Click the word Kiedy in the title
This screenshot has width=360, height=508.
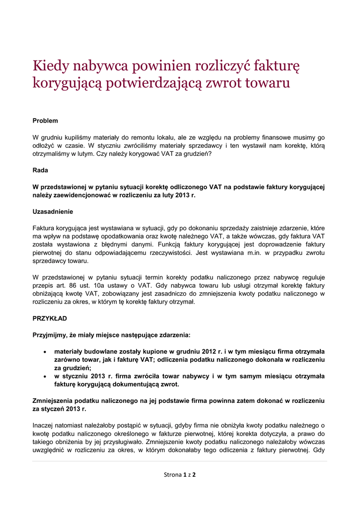click(51, 65)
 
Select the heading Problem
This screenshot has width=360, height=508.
click(45, 121)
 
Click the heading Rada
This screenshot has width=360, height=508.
click(40, 170)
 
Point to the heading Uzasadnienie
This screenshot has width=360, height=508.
click(53, 211)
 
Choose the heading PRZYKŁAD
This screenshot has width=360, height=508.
click(50, 317)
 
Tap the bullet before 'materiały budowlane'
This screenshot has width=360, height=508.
click(46, 351)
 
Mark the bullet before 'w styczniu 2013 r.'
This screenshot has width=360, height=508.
click(46, 376)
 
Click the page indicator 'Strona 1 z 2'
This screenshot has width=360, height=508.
click(180, 475)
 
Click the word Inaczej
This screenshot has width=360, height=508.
click(45, 425)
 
